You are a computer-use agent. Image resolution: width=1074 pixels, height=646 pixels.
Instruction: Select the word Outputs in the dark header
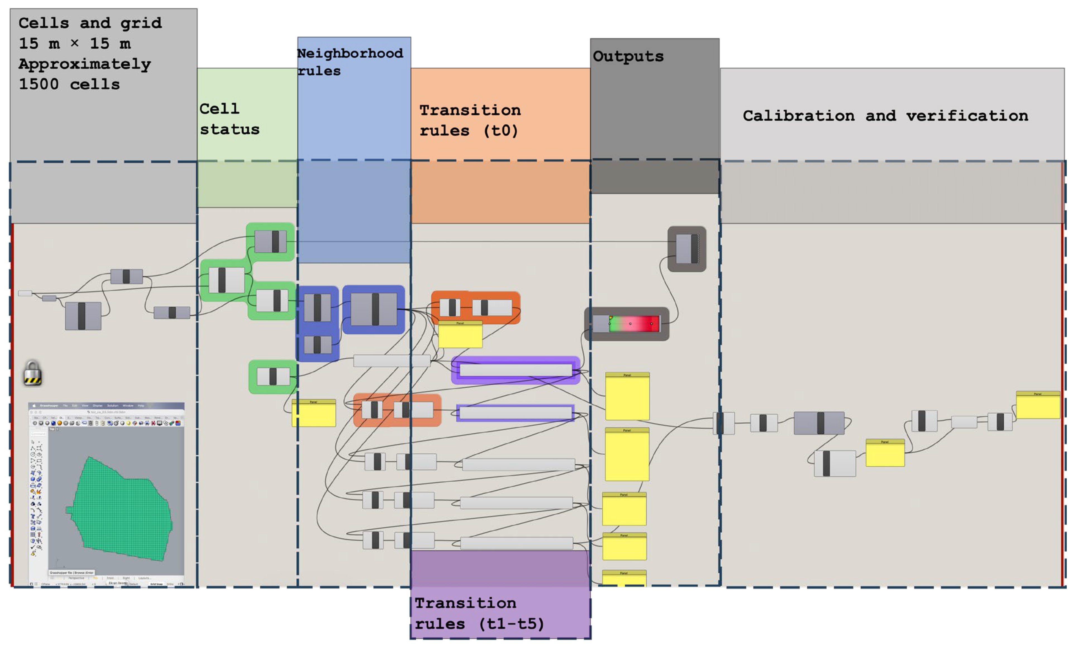628,57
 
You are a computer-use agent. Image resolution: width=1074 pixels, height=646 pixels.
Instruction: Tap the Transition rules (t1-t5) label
479,613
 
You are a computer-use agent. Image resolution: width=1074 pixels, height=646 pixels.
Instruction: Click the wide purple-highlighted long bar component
515,370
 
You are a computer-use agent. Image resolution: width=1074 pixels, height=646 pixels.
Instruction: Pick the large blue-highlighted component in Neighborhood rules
373,310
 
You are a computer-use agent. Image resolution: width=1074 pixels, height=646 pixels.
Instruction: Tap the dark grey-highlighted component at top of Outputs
686,249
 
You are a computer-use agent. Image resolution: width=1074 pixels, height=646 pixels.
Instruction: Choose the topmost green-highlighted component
270,242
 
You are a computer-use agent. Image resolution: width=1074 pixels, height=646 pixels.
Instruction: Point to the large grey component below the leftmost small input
83,316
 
